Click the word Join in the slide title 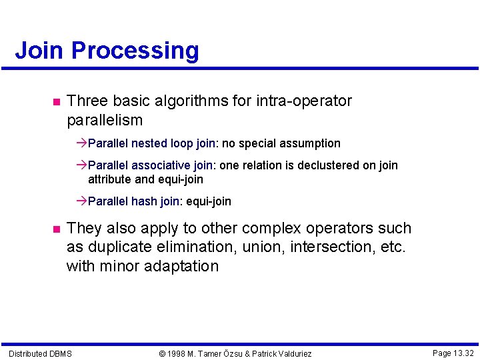pyautogui.click(x=39, y=51)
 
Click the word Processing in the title pyautogui.click(x=135, y=51)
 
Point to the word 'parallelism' pyautogui.click(x=105, y=121)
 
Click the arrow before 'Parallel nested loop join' pyautogui.click(x=82, y=143)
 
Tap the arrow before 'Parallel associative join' pyautogui.click(x=82, y=165)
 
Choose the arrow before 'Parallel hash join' pyautogui.click(x=82, y=201)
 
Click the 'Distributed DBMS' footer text pyautogui.click(x=40, y=353)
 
